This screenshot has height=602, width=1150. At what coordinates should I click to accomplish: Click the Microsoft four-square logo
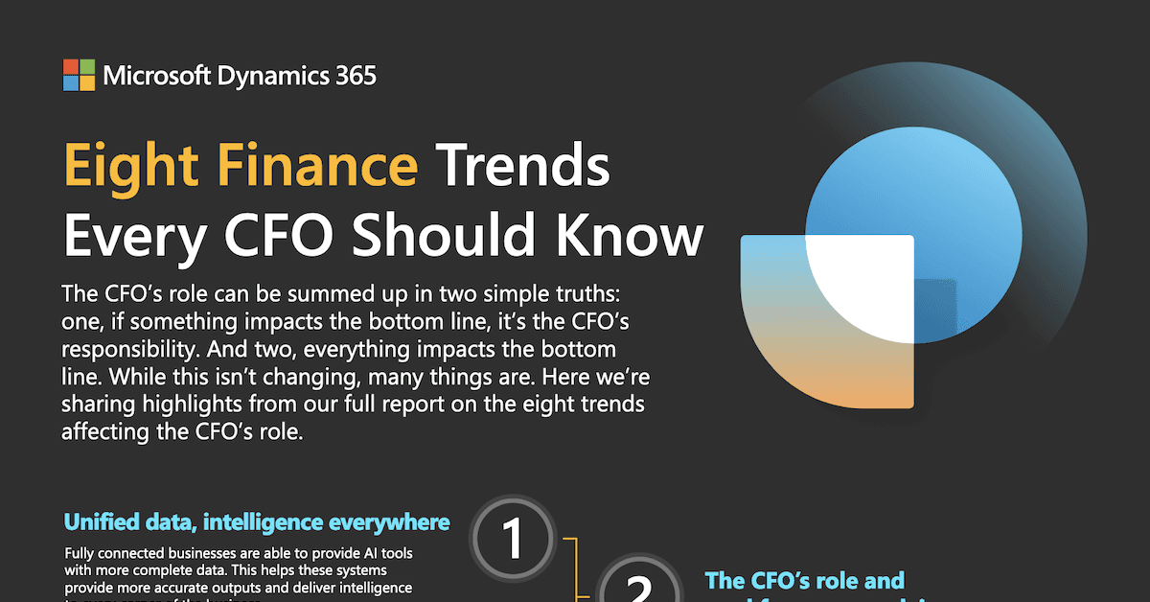point(79,75)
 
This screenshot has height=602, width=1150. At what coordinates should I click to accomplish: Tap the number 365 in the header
point(350,75)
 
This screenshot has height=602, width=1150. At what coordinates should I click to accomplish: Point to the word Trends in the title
point(524,166)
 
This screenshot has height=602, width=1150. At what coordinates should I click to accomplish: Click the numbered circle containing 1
point(514,540)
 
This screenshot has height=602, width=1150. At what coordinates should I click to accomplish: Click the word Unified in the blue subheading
point(99,522)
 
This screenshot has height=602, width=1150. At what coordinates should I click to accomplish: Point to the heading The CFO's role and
point(804,580)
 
